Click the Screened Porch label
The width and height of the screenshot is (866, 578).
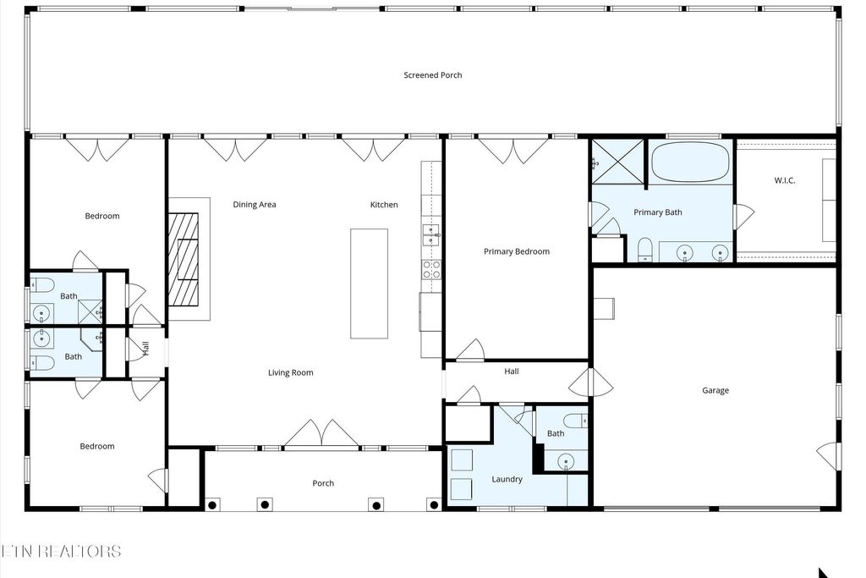click(x=432, y=75)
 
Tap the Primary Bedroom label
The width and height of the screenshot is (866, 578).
click(x=516, y=251)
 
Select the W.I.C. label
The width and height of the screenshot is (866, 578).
click(x=785, y=181)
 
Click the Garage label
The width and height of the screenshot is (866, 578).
click(x=715, y=390)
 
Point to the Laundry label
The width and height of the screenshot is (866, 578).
click(x=507, y=479)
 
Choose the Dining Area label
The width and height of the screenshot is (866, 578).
click(x=255, y=204)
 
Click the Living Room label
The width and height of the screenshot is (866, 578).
click(x=290, y=372)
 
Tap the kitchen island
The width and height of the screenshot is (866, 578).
click(x=369, y=283)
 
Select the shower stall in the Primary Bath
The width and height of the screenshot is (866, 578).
click(x=617, y=161)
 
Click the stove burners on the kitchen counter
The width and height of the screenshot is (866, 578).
click(x=431, y=269)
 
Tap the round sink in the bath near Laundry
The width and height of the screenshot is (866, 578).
click(x=567, y=461)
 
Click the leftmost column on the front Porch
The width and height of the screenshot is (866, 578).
click(x=212, y=504)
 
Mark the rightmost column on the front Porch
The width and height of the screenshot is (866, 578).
click(x=433, y=504)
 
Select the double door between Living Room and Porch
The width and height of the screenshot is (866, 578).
click(x=321, y=434)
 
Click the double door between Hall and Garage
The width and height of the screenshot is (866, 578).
click(x=590, y=383)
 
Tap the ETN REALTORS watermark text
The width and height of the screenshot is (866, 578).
click(x=61, y=551)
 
